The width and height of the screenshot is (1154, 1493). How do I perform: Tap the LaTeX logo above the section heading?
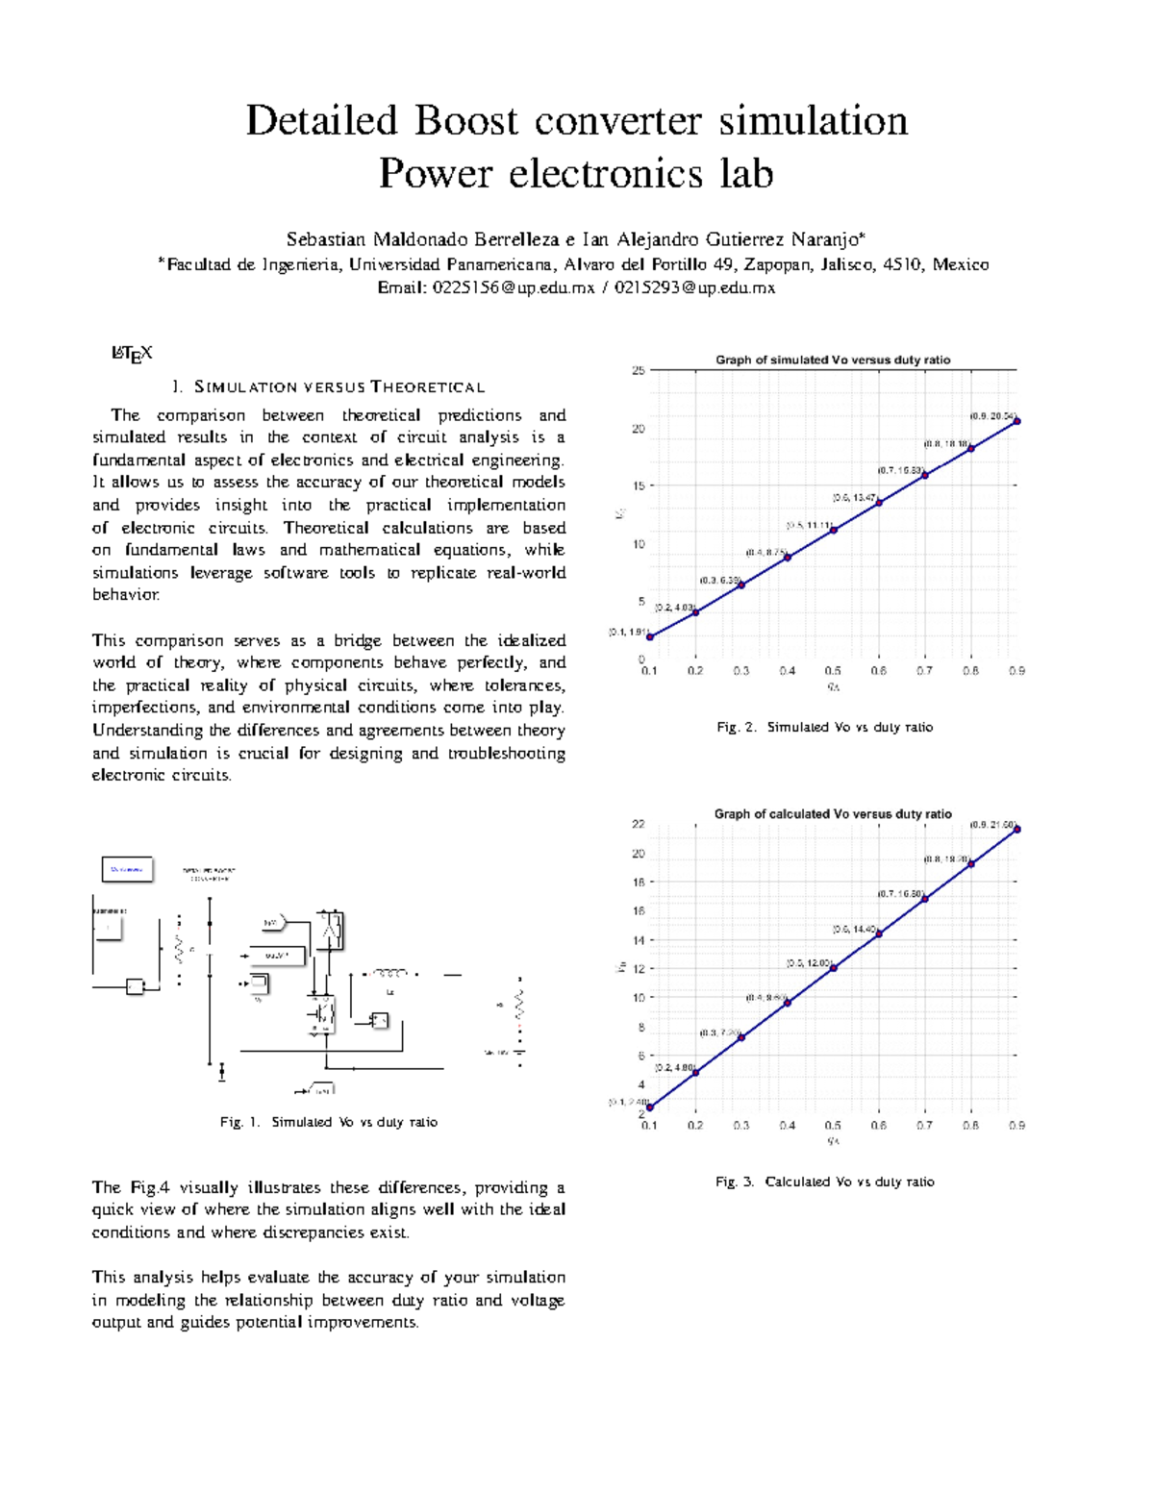pyautogui.click(x=132, y=354)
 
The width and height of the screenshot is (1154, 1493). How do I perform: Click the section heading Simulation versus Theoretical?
pyautogui.click(x=328, y=387)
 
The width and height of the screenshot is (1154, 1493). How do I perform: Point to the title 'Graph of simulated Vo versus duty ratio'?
pyautogui.click(x=832, y=360)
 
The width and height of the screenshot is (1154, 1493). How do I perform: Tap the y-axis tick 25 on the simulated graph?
pyautogui.click(x=638, y=370)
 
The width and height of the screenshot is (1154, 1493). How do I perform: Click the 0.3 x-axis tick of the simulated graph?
pyautogui.click(x=740, y=671)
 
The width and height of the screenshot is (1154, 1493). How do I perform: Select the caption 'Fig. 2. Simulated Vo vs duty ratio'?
pyautogui.click(x=824, y=727)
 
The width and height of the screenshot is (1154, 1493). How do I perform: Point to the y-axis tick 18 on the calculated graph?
pyautogui.click(x=638, y=882)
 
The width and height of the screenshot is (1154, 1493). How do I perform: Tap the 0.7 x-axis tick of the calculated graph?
pyautogui.click(x=924, y=1125)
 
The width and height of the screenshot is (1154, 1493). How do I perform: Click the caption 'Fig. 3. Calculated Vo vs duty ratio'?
pyautogui.click(x=824, y=1182)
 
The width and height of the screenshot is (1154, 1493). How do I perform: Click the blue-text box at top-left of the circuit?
pyautogui.click(x=127, y=869)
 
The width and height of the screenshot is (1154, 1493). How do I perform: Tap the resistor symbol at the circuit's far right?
pyautogui.click(x=520, y=1005)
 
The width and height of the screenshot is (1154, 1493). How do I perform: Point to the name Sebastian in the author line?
pyautogui.click(x=326, y=239)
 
